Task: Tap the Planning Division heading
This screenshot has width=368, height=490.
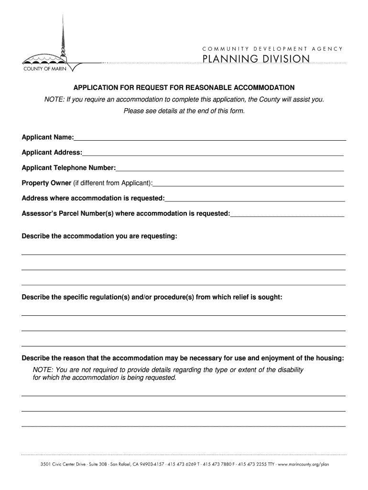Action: pos(256,59)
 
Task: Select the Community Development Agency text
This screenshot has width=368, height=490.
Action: pos(272,48)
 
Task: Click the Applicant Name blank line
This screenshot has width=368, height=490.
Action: pos(210,140)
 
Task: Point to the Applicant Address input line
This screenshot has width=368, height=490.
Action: pos(213,155)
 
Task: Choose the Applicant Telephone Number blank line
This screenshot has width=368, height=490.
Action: pos(229,170)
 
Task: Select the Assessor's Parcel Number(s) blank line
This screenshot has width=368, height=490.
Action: pos(287,216)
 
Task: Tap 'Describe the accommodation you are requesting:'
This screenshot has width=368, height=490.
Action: pos(99,236)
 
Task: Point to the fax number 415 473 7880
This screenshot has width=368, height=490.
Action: pos(218,464)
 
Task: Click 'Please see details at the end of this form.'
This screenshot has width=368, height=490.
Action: pos(184,111)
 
